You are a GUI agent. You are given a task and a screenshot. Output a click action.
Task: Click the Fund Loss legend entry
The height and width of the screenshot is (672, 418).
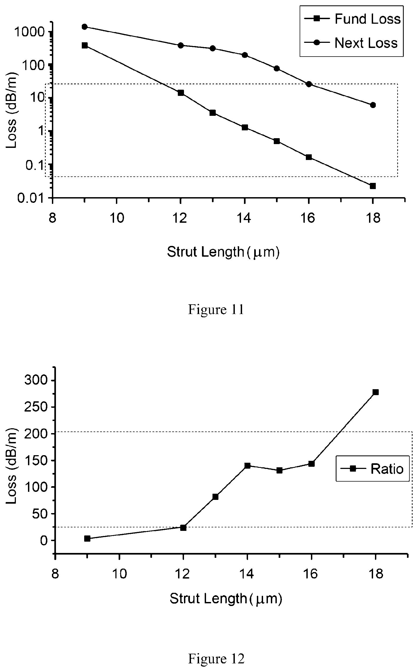(x=352, y=19)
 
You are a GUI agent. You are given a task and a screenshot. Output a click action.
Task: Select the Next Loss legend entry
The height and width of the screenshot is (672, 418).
(x=351, y=43)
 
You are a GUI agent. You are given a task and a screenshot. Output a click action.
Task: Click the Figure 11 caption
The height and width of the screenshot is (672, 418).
(x=216, y=310)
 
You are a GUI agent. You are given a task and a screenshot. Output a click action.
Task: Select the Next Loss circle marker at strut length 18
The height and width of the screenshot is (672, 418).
(x=373, y=105)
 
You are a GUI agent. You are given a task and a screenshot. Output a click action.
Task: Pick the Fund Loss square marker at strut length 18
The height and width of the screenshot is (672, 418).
(x=373, y=186)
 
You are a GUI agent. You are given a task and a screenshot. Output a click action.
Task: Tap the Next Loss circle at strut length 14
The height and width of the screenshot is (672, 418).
(x=245, y=55)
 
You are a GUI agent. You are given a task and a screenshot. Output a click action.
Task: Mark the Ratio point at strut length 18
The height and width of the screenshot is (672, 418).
(x=376, y=392)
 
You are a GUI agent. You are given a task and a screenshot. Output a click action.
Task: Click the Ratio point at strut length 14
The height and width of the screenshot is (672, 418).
(x=247, y=465)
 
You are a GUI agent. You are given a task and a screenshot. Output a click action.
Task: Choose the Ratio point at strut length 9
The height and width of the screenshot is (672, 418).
(x=87, y=538)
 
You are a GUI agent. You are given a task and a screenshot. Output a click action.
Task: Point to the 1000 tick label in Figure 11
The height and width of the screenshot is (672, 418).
(x=29, y=32)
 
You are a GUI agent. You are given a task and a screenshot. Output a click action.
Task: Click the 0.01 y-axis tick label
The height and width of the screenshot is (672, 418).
(x=31, y=198)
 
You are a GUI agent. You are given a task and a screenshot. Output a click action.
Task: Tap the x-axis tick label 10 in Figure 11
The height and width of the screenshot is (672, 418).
(x=117, y=218)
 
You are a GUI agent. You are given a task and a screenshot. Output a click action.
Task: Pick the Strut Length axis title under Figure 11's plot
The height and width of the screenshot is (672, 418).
(x=223, y=252)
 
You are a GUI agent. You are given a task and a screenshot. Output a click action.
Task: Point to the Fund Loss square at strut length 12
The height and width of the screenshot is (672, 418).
(x=181, y=93)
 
